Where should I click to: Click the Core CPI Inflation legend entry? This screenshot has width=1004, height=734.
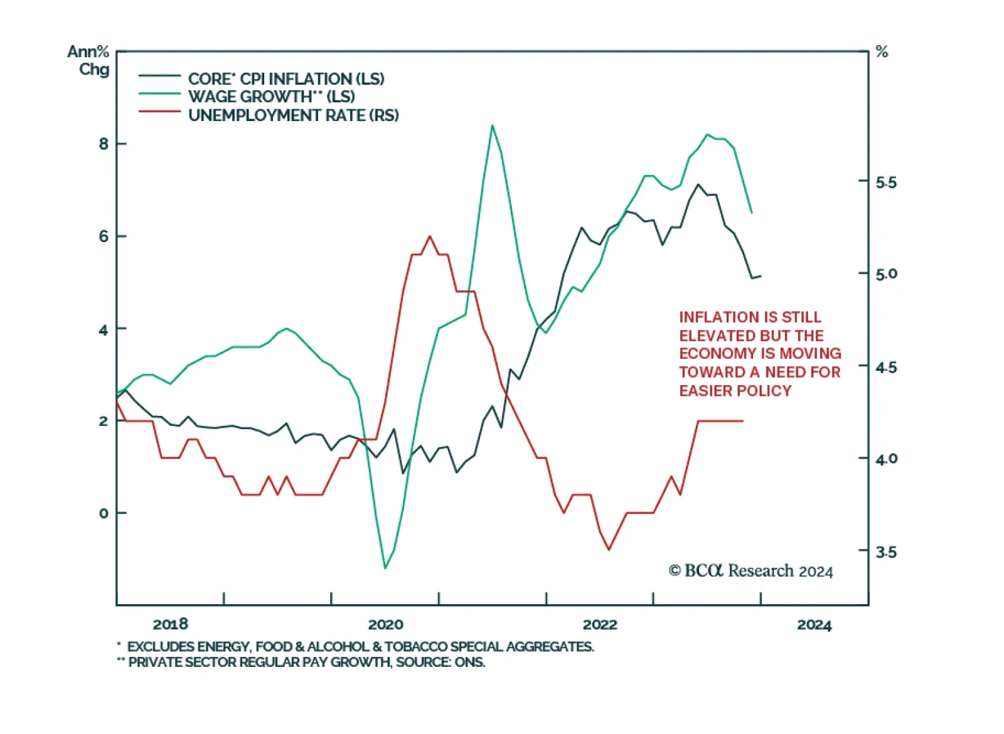pos(286,79)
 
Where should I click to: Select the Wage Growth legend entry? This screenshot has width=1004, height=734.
pos(271,97)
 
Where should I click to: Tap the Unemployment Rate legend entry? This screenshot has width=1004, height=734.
pos(293,115)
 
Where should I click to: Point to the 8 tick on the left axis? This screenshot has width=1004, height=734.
pos(104,144)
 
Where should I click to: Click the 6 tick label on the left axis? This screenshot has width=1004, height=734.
pos(104,237)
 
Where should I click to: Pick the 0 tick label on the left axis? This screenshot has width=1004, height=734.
pos(104,513)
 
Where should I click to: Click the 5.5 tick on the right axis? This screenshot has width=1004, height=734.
pos(886,183)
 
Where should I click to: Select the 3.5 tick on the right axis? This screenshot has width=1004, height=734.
pos(886,552)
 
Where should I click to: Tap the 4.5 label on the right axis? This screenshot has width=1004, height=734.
pos(886,367)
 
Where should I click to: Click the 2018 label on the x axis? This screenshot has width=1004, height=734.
pos(170,624)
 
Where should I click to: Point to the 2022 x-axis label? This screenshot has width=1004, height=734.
pos(600,624)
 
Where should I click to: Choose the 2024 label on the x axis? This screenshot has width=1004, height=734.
pos(814,625)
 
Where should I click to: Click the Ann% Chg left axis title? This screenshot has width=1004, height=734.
pos(89,60)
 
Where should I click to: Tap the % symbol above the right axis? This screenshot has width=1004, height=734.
pos(882,52)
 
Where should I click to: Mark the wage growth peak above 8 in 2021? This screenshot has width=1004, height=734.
pos(493,125)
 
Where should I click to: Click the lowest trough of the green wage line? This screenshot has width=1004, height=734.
pos(385,568)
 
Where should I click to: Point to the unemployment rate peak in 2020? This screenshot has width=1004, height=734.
pos(430,237)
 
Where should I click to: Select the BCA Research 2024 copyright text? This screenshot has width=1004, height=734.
pos(750,571)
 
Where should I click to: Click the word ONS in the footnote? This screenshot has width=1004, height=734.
pos(470,662)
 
